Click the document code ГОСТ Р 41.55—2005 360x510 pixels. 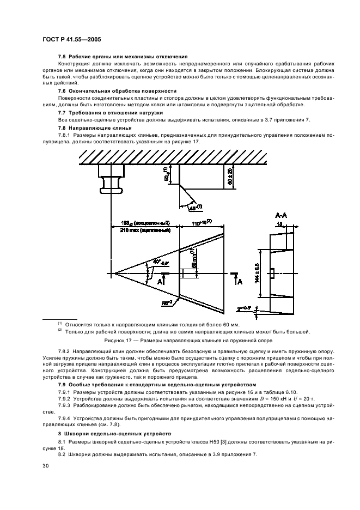(x=70, y=40)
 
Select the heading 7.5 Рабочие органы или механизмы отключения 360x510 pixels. (x=123, y=57)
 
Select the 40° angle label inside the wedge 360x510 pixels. (x=154, y=263)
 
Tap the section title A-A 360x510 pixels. (x=282, y=216)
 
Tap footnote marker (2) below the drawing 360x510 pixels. (x=60, y=330)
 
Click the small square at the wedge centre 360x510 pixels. (x=187, y=273)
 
